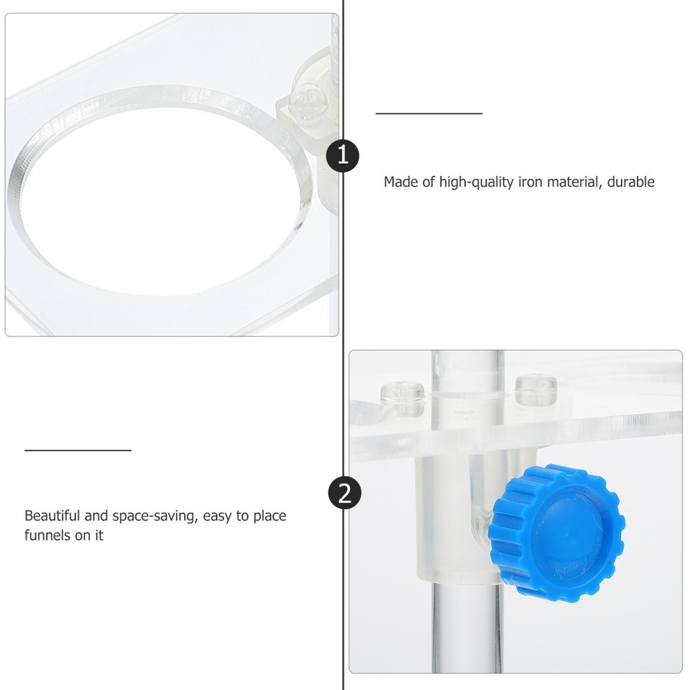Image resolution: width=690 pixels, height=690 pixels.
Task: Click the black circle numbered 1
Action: (343, 155)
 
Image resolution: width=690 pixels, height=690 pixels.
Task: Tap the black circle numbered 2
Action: (344, 494)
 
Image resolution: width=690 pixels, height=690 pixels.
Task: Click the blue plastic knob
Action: (557, 532)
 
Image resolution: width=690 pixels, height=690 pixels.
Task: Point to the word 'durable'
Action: (630, 182)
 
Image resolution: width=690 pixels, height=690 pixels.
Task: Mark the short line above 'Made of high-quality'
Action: (429, 114)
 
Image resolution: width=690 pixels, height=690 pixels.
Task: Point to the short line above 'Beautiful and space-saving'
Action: (78, 451)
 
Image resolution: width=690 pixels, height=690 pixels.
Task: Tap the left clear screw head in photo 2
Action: (402, 392)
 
